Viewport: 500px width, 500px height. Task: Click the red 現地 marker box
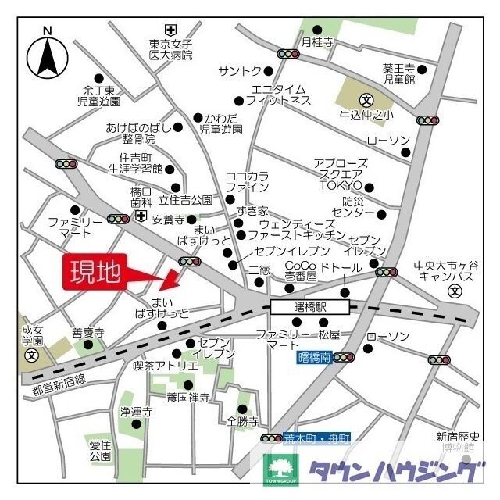point(95,273)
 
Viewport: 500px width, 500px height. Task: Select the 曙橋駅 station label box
point(299,307)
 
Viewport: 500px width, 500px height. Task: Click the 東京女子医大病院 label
point(171,49)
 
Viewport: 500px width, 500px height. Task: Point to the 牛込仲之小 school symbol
point(367,100)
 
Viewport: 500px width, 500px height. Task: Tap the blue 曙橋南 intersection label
point(314,357)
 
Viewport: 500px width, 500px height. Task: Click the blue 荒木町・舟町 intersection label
point(317,439)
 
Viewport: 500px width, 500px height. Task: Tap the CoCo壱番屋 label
point(300,271)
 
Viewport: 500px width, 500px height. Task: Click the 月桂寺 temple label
point(318,41)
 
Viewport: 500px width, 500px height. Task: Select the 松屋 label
point(329,334)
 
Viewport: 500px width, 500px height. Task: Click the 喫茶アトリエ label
point(166,365)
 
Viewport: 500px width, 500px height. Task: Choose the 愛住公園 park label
point(100,449)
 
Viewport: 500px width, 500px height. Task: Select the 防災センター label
point(353,206)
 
